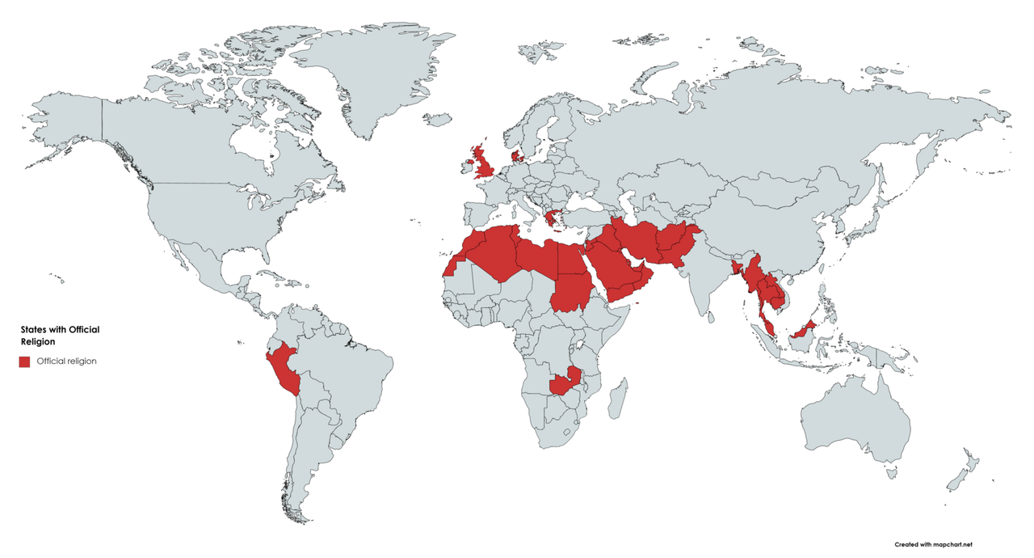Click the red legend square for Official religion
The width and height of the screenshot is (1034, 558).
25,361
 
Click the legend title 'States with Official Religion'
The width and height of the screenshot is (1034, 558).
60,336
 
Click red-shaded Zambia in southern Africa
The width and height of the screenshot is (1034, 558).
565,383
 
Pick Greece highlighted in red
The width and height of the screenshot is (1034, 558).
553,218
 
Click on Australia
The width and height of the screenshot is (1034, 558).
856,421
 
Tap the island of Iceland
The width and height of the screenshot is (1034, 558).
437,120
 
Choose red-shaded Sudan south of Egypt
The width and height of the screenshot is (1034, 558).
574,291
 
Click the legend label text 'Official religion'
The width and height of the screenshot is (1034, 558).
67,361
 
